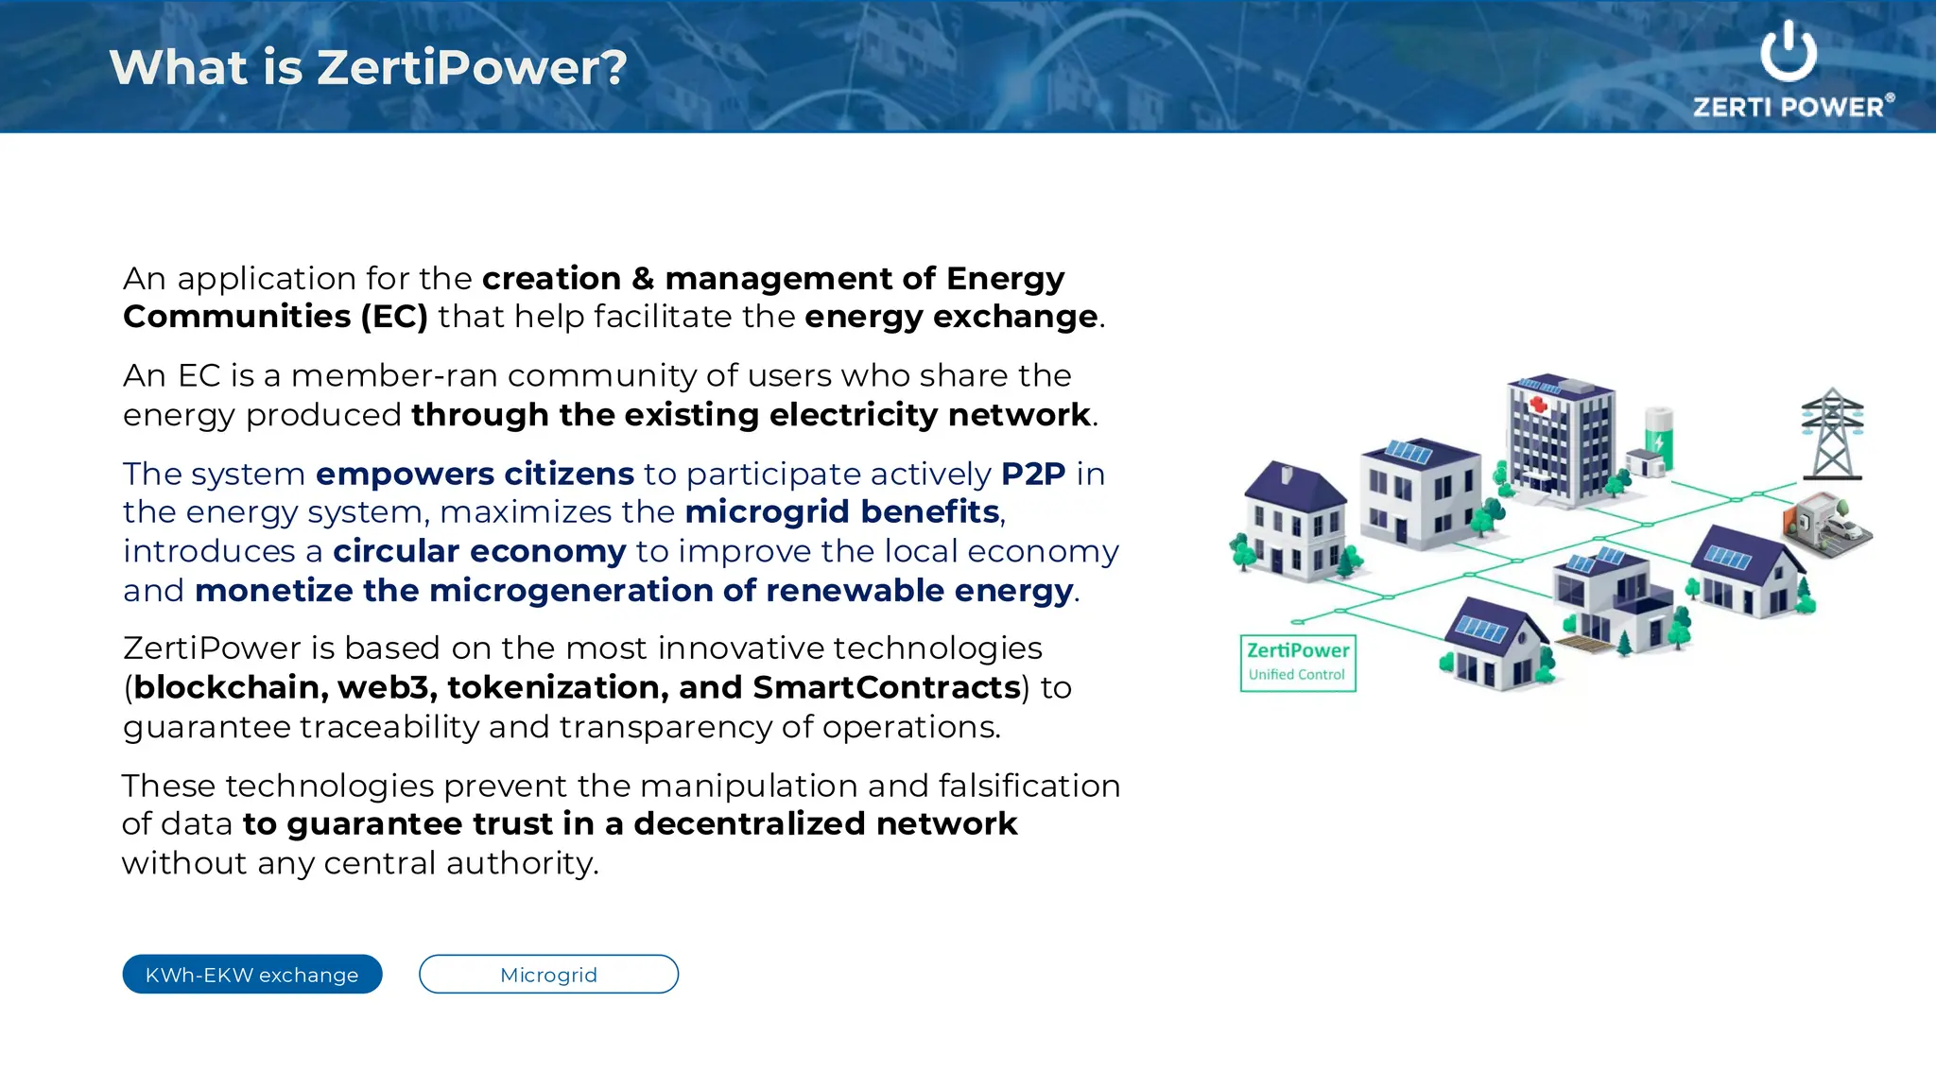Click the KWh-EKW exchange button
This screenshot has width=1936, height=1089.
251,975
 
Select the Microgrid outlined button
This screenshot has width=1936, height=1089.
548,975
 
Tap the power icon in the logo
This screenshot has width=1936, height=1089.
1788,52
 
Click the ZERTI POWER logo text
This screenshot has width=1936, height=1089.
1789,107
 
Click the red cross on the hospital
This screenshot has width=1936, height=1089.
1538,406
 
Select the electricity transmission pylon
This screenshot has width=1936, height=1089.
1832,435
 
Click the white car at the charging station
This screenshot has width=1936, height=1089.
1841,529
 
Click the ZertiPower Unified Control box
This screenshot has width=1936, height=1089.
1298,663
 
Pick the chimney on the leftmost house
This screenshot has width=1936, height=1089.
1286,474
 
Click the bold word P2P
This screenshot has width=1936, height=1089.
1033,474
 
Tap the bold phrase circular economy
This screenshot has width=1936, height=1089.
479,551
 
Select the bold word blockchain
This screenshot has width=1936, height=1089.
230,687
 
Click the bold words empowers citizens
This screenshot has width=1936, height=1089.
475,474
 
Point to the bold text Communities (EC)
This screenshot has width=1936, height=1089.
275,317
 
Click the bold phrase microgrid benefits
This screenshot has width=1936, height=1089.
842,512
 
